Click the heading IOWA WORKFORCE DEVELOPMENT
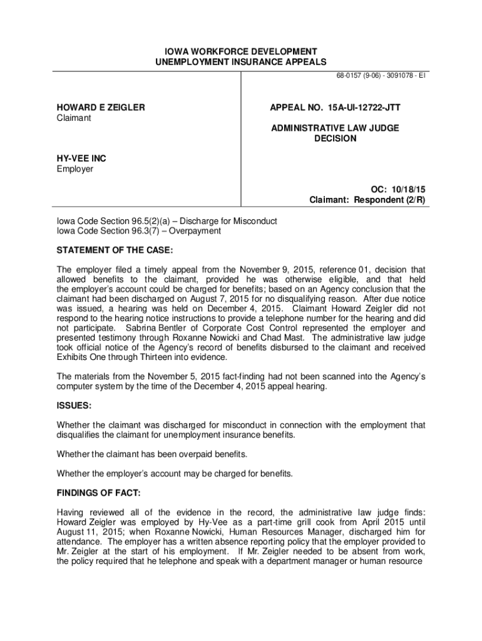pos(241,51)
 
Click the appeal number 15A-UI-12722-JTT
pos(366,108)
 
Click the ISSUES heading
pos(74,405)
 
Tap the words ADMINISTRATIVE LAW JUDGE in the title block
pos(335,128)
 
